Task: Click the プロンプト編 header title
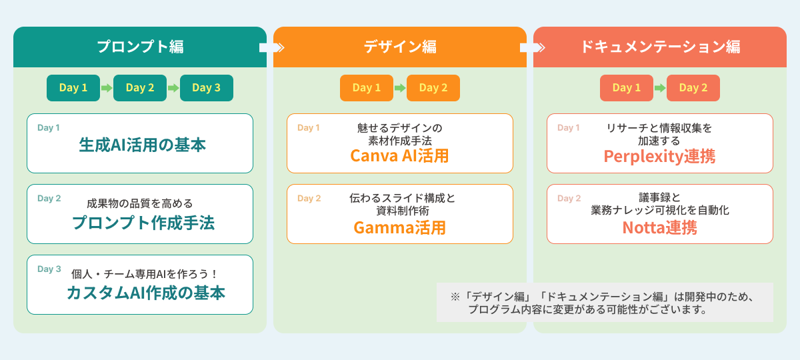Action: pyautogui.click(x=140, y=47)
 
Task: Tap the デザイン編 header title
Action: pyautogui.click(x=400, y=47)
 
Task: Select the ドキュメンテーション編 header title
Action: pyautogui.click(x=660, y=47)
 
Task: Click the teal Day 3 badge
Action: pyautogui.click(x=206, y=88)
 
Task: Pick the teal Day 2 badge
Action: pyautogui.click(x=140, y=88)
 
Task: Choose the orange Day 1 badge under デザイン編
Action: pyautogui.click(x=367, y=88)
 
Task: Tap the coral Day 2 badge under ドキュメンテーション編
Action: pyautogui.click(x=693, y=88)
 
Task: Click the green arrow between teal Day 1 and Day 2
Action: pyautogui.click(x=107, y=88)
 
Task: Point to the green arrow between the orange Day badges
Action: pyautogui.click(x=400, y=88)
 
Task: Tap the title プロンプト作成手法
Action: pyautogui.click(x=143, y=223)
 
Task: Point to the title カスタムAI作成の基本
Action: pyautogui.click(x=145, y=293)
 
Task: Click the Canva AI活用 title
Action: pyautogui.click(x=399, y=156)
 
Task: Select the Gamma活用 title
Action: pyautogui.click(x=399, y=227)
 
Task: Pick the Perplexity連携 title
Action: pyautogui.click(x=659, y=156)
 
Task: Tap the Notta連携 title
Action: pyautogui.click(x=659, y=227)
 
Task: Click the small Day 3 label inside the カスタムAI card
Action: pyautogui.click(x=49, y=269)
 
